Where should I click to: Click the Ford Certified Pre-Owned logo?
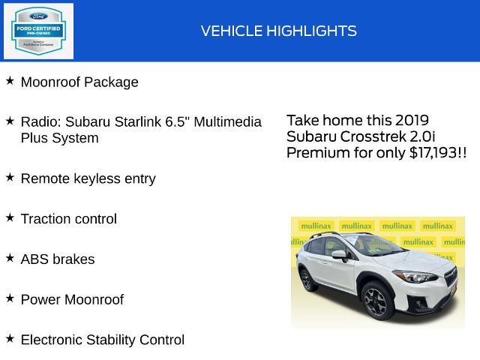click(39, 31)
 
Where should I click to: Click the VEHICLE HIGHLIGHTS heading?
click(278, 31)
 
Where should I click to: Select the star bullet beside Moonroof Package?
click(10, 80)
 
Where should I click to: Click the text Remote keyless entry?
click(88, 178)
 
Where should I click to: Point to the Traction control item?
click(69, 219)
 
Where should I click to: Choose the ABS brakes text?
click(58, 259)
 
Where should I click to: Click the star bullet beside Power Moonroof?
click(10, 298)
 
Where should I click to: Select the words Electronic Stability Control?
click(103, 340)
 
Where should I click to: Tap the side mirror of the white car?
click(338, 255)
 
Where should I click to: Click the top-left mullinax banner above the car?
click(315, 226)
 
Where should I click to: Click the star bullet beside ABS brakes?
click(10, 257)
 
